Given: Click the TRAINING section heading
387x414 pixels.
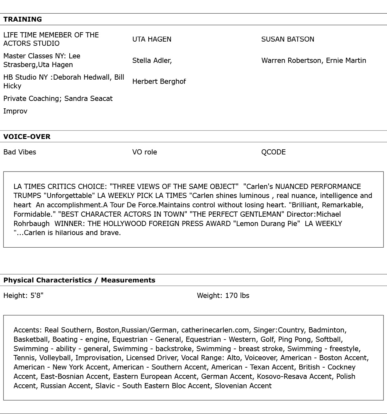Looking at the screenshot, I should pos(23,19).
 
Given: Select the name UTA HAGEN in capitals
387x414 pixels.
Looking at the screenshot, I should pos(152,39).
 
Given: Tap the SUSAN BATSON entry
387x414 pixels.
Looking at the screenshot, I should pos(287,39).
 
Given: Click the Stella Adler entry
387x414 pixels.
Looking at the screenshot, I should pos(152,61).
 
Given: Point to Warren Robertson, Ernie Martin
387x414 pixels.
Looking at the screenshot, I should pos(313,61).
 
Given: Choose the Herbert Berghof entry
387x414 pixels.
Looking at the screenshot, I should pos(159,82).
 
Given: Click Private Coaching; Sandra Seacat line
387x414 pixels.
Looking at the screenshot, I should pos(58,99).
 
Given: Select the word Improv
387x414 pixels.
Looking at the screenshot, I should pos(15,111).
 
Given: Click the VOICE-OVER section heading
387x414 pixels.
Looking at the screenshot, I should pos(27,137).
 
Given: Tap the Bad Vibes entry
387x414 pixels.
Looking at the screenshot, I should pos(20,152).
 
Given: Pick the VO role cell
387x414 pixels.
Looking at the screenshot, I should pos(144,152).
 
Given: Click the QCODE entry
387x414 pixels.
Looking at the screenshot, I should pos(273,152).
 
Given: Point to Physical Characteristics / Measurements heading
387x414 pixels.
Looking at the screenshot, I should pos(79,280).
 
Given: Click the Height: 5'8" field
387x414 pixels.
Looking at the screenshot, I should pos(23,296).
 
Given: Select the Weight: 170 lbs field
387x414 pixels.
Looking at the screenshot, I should pos(223,296).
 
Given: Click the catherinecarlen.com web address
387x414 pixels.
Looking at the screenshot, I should pos(215,330).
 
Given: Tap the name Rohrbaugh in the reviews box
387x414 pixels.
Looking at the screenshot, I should pos(32,224).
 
